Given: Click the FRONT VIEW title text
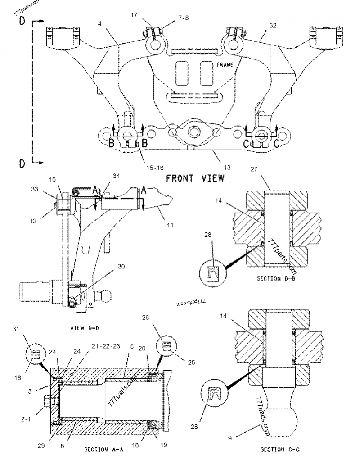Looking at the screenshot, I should point(195,178).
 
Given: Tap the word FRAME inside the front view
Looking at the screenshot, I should point(225,65).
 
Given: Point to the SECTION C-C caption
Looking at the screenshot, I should point(280,449).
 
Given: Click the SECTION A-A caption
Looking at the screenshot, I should point(104,449).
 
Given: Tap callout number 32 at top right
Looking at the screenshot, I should point(273,27).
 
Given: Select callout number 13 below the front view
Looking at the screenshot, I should point(227,168).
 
